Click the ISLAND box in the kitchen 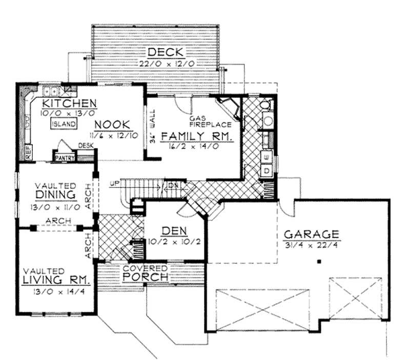point(64,124)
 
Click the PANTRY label point(65,158)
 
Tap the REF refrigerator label point(27,152)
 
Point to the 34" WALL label point(152,127)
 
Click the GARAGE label point(312,234)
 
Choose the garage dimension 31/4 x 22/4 point(312,245)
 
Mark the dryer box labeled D point(266,170)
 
